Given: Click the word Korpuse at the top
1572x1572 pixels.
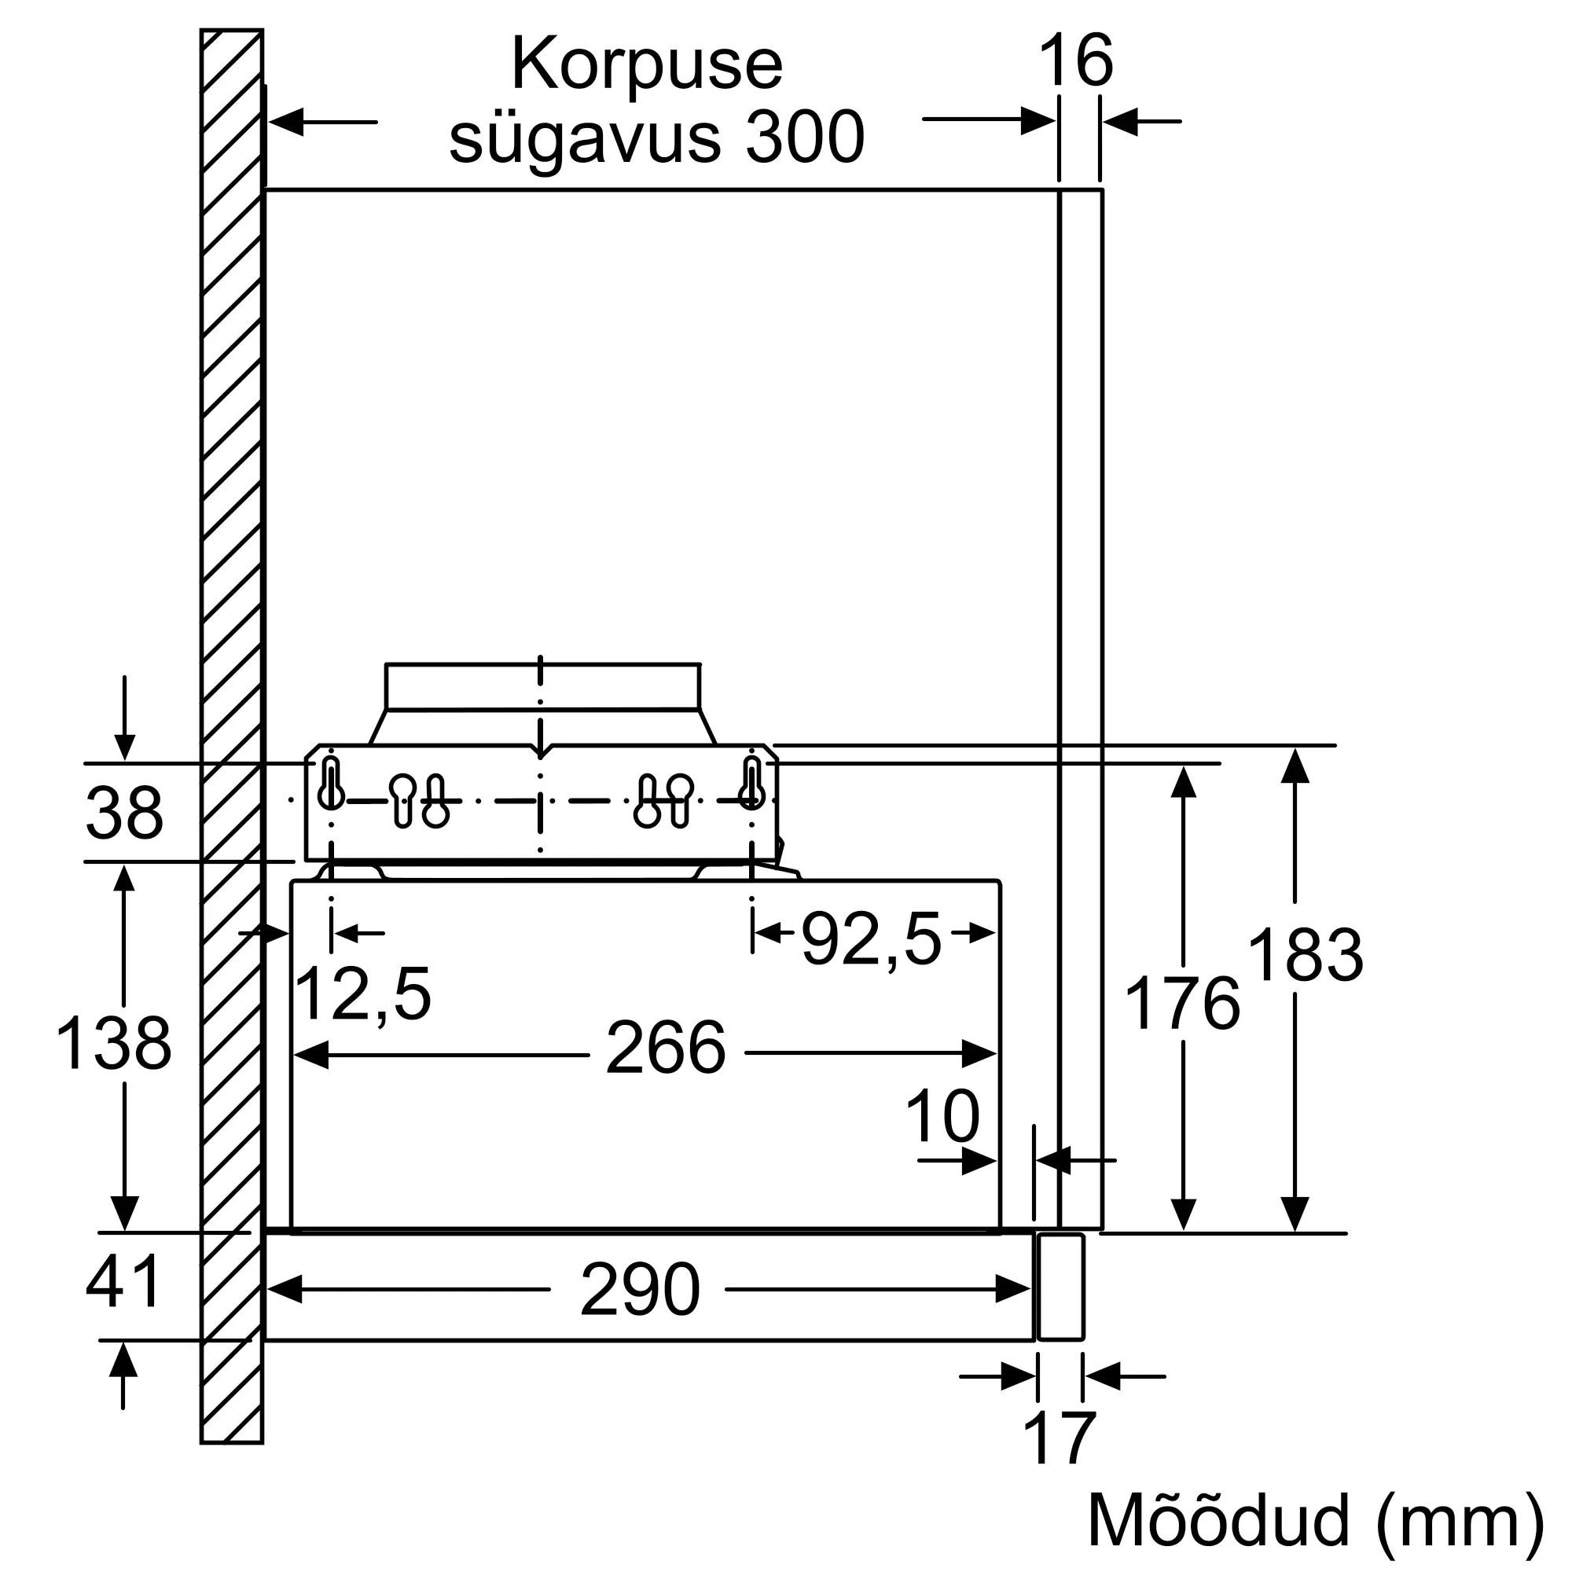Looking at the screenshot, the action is (x=647, y=65).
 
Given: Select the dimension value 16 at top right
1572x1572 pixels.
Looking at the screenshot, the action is (x=1076, y=61).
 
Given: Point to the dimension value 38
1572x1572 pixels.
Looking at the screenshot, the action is (x=124, y=813).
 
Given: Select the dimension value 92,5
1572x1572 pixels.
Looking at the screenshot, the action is (x=872, y=941).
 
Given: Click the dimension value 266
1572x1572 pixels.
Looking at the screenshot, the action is (x=666, y=1049).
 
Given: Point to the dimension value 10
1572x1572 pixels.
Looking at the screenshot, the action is (x=942, y=1117).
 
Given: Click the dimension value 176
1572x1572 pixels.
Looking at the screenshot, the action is (x=1182, y=1005).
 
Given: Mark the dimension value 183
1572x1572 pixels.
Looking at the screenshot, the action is (x=1305, y=955).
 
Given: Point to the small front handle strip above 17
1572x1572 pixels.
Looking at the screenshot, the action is (x=1060, y=1287).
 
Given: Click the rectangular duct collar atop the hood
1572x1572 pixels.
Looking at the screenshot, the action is (x=542, y=687).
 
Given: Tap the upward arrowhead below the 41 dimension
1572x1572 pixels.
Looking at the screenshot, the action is (x=123, y=1360).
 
